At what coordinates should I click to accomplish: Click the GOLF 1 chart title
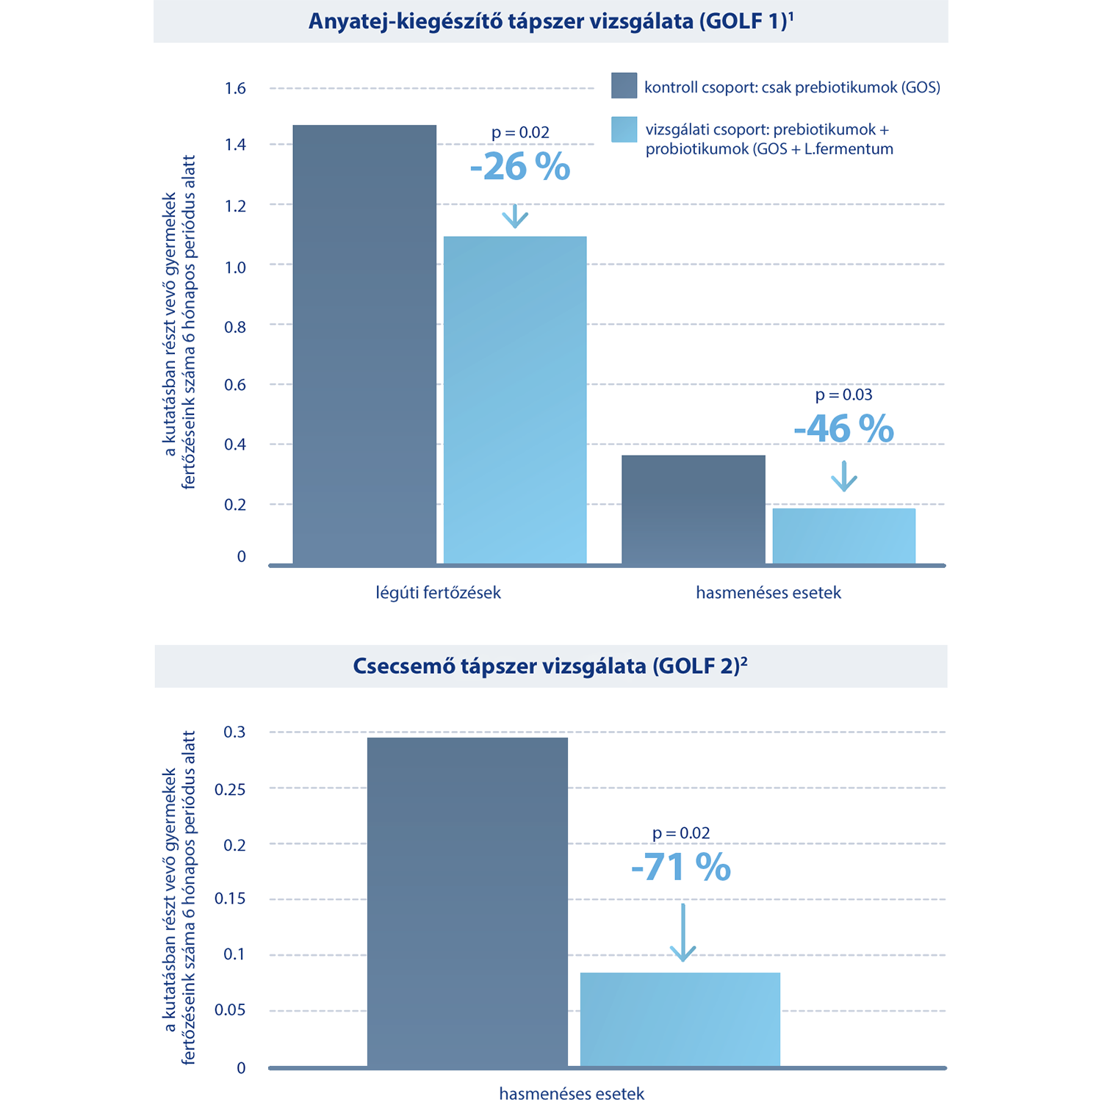[x=551, y=21]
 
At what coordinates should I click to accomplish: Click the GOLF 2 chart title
[x=550, y=666]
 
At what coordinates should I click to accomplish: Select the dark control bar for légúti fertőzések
[x=364, y=345]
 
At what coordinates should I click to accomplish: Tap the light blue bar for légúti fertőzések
[x=515, y=400]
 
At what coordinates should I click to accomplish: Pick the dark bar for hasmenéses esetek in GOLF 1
[x=694, y=510]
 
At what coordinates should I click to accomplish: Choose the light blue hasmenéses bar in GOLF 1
[x=844, y=536]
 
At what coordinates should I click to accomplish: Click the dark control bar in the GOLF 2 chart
[x=467, y=901]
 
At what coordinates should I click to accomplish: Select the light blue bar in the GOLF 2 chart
[x=680, y=1019]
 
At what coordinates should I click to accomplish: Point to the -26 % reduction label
[x=520, y=167]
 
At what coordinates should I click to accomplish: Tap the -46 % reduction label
[x=844, y=429]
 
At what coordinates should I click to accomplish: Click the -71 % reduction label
[x=681, y=868]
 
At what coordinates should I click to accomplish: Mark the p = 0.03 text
[x=844, y=395]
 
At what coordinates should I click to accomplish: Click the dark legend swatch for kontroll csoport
[x=624, y=85]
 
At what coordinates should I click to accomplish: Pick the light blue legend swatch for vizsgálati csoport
[x=624, y=129]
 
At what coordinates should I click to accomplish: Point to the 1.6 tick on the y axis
[x=235, y=89]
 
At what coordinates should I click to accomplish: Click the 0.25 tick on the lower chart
[x=230, y=790]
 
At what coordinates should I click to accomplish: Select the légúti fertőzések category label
[x=438, y=593]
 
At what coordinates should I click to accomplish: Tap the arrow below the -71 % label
[x=683, y=932]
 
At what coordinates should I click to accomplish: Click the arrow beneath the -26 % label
[x=515, y=216]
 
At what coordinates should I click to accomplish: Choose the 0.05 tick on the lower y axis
[x=230, y=1010]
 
